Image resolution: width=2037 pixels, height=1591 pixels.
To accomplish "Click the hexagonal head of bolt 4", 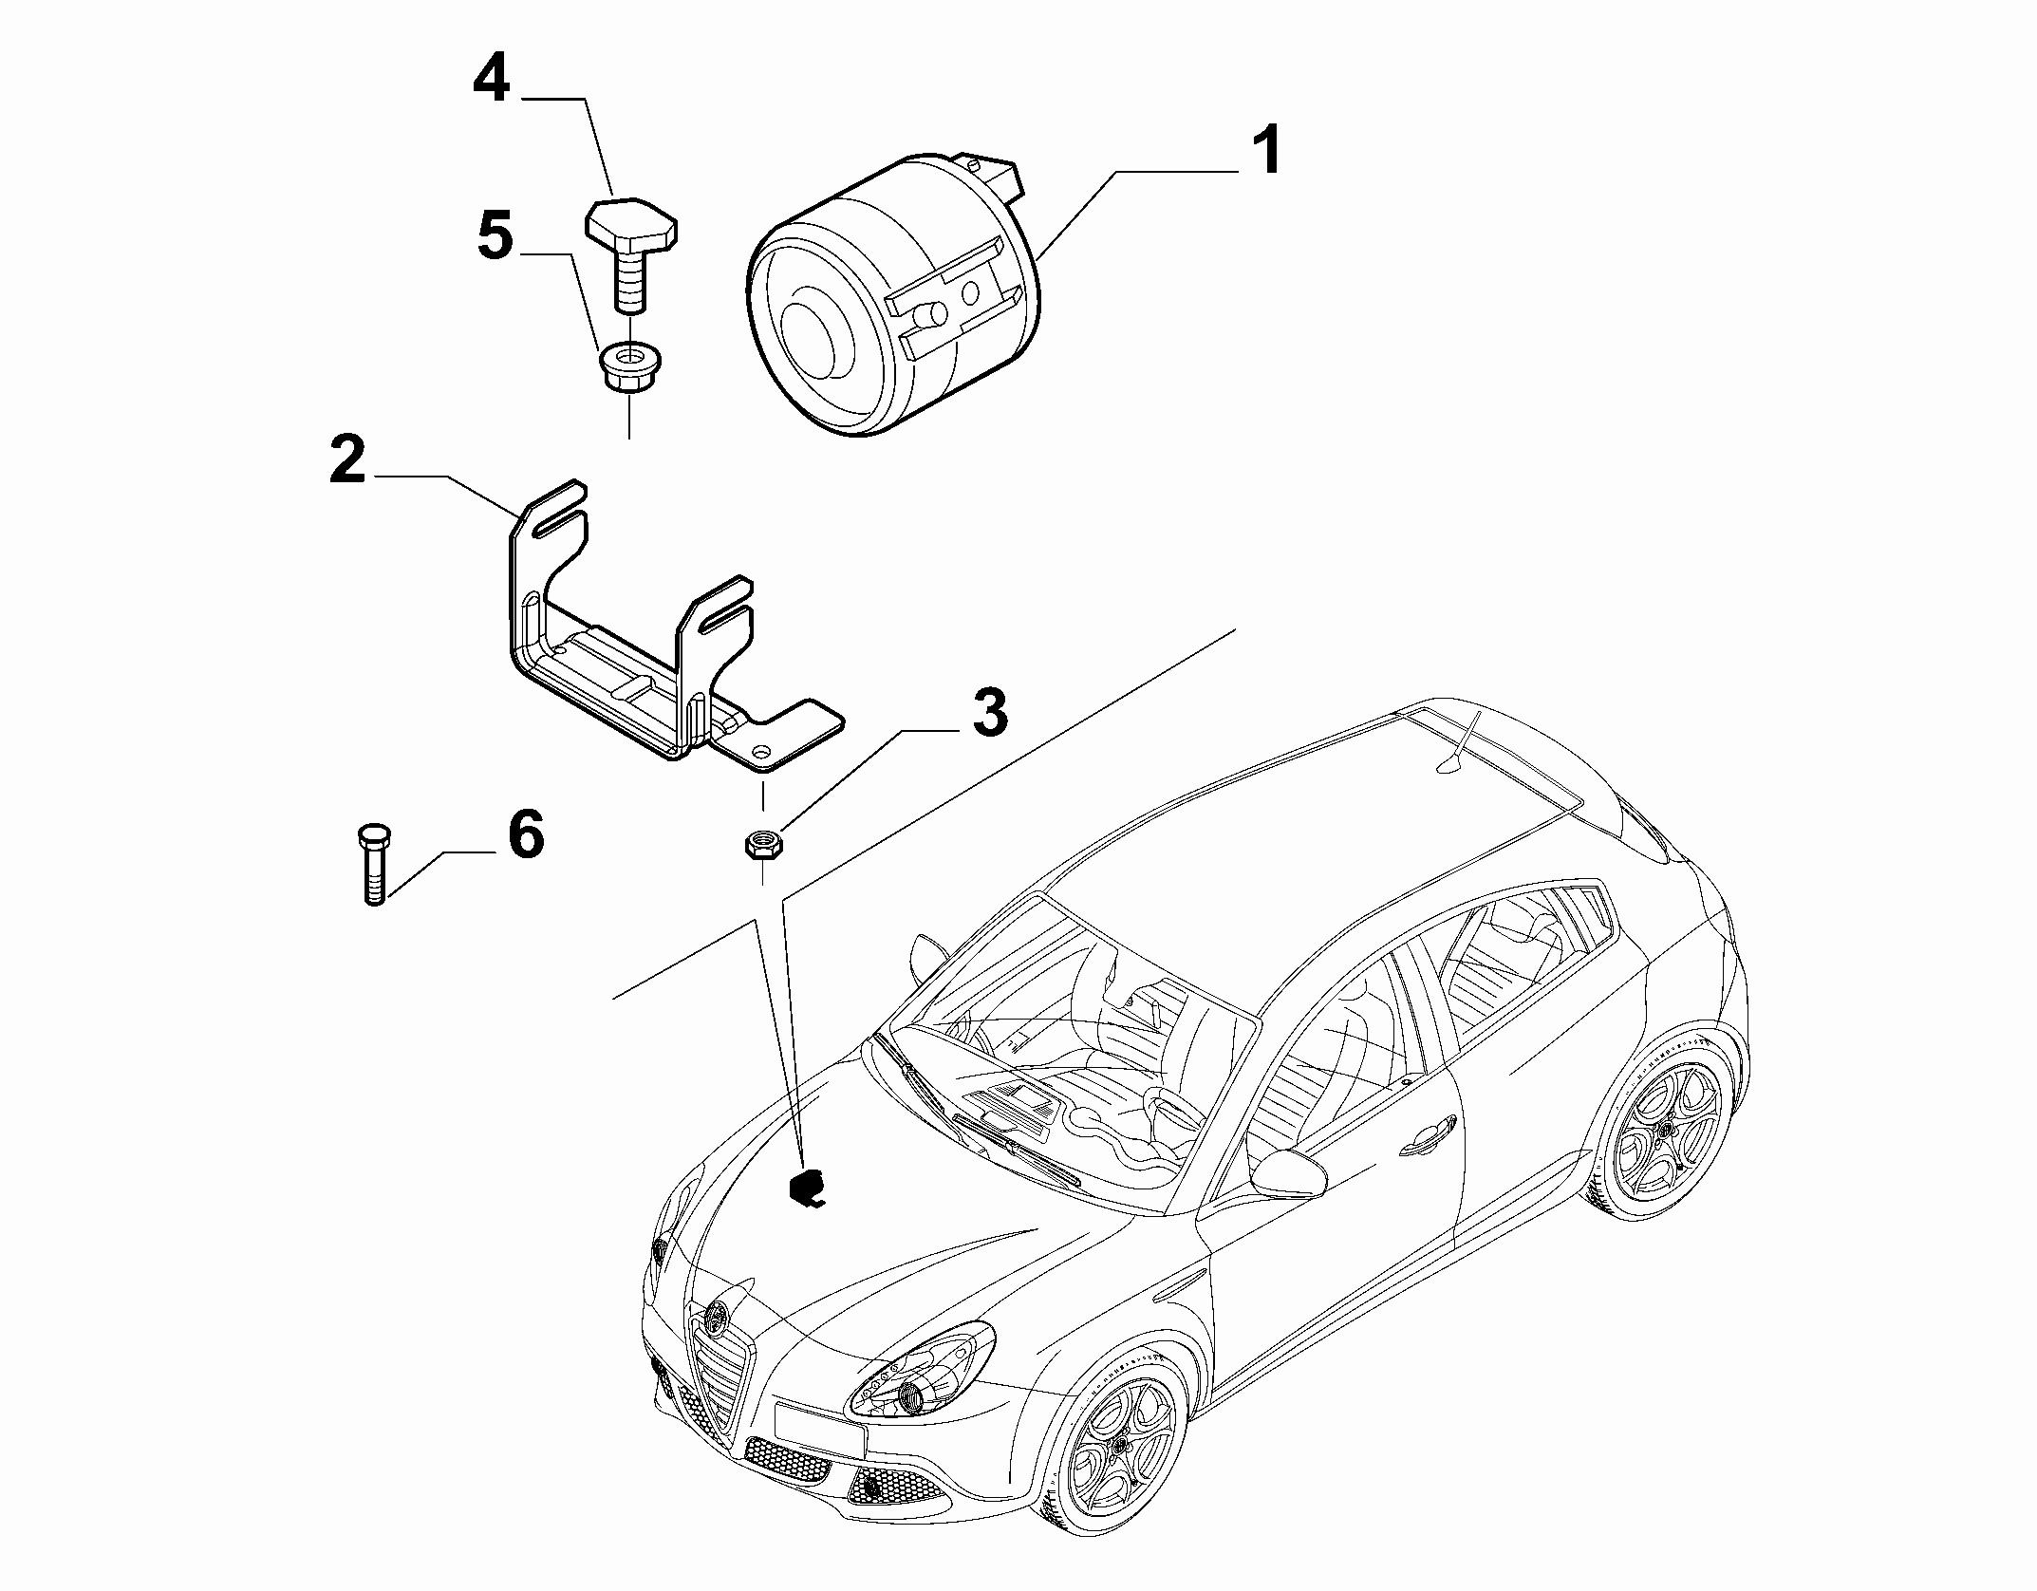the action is click(629, 226).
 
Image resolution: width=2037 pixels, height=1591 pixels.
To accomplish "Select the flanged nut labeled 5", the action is click(628, 368).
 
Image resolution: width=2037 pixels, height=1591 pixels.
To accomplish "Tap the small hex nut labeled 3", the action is click(761, 843).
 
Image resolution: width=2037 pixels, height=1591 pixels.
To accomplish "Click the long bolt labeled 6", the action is click(373, 863).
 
